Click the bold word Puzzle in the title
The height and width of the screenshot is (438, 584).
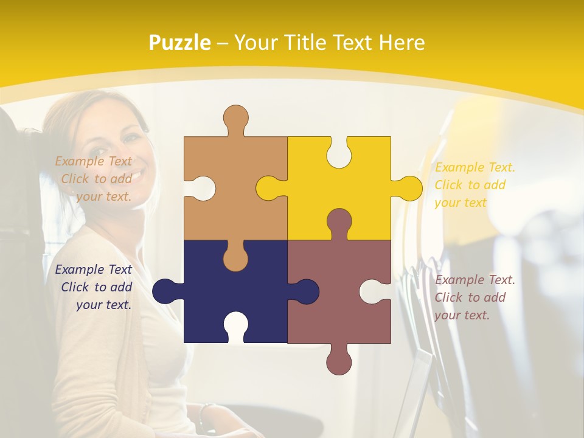[180, 43]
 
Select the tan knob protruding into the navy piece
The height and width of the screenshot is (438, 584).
[236, 259]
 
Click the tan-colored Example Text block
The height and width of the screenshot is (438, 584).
[95, 179]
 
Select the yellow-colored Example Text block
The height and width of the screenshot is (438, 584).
[474, 185]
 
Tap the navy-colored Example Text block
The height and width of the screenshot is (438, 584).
[95, 287]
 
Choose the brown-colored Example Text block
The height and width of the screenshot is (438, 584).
[474, 297]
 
